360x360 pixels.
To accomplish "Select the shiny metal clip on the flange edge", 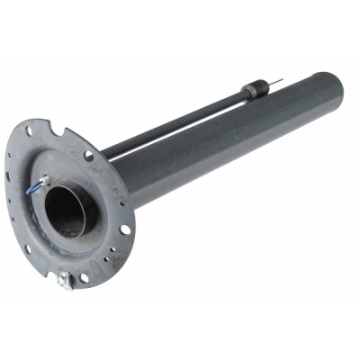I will click(x=64, y=280).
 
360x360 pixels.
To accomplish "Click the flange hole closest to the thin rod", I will click(x=89, y=156).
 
